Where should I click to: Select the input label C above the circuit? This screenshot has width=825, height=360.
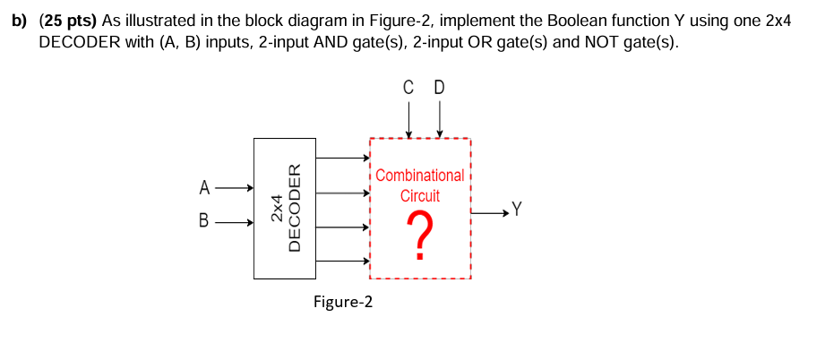coord(409,88)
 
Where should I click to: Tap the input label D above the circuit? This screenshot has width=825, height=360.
coord(439,88)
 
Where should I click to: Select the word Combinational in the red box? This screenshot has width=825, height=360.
coord(419,176)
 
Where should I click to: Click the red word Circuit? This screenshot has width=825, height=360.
coord(419,195)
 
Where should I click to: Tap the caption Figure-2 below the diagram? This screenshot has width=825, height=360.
coord(343,302)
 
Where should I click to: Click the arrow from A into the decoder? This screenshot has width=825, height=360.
coord(234,188)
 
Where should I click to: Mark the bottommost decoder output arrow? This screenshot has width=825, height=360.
coord(342,261)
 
